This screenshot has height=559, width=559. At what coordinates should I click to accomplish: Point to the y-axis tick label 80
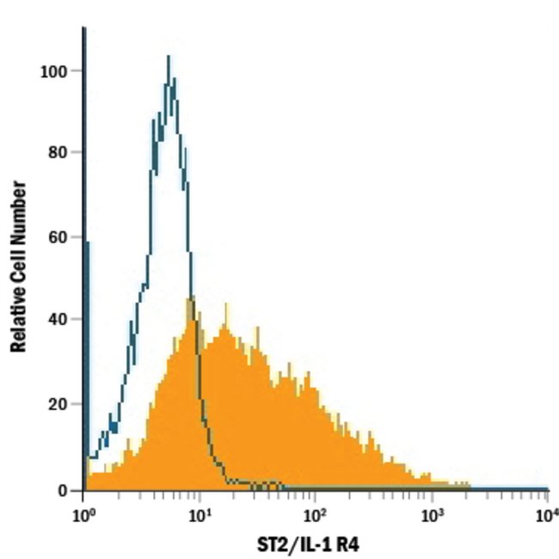coord(58,153)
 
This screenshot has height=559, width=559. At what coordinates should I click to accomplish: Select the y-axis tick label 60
coord(58,236)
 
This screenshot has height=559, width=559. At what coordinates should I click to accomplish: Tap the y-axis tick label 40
coord(58,320)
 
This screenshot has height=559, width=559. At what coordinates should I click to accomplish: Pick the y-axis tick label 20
coord(58,403)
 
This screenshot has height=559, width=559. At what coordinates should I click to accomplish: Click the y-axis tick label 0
coord(63,489)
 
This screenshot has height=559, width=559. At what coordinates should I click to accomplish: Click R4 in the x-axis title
coord(361,544)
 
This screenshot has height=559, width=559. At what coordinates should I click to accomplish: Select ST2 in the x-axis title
coord(279,544)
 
